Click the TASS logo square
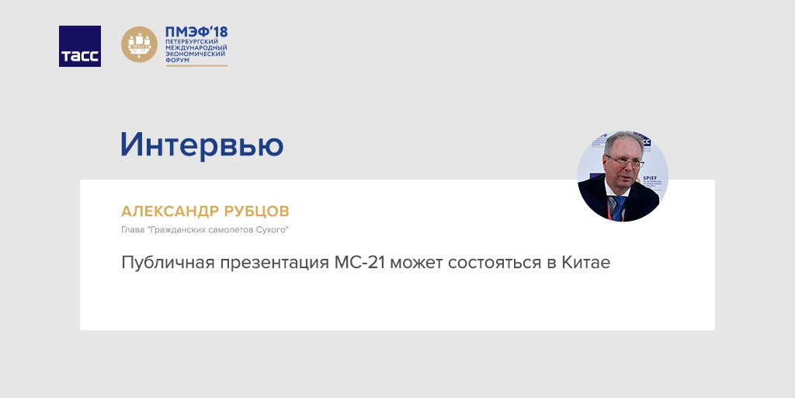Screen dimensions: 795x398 pos(80,46)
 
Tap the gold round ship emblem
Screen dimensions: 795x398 pos(140,44)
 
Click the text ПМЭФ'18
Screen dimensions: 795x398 pos(196,32)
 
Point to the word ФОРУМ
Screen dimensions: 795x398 pos(177,60)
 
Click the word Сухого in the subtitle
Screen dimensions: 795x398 pos(273,230)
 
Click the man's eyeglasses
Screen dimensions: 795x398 pos(625,162)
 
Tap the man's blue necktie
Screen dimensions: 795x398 pos(619,208)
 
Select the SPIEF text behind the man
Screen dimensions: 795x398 pos(650,178)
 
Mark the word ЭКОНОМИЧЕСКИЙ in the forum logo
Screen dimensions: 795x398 pos(196,54)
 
